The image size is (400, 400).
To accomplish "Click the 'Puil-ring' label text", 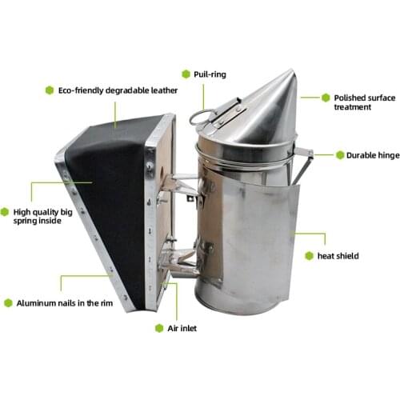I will tap(210, 74).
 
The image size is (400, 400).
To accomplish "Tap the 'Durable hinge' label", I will tap(367, 155).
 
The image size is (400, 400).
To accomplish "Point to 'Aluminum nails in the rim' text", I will tap(62, 302).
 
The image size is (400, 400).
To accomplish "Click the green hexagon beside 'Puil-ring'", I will tap(186, 74).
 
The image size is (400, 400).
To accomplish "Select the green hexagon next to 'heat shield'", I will tap(309, 256).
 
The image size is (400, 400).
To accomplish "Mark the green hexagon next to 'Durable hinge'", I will tap(339, 155).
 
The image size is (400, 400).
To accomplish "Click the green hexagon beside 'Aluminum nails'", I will tap(8, 302).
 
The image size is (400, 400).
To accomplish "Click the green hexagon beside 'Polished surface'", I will tap(326, 97).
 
